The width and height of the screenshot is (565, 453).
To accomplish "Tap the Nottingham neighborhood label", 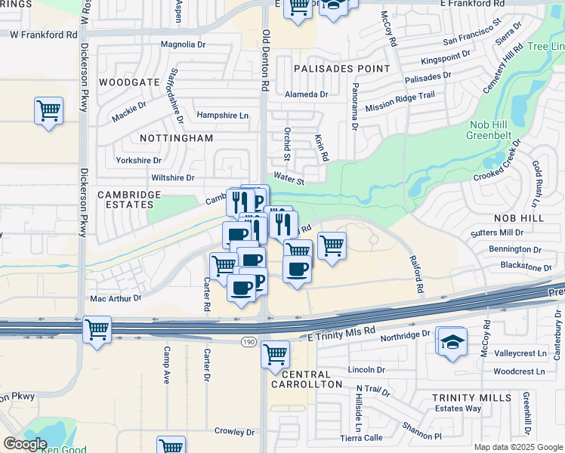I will pyautogui.click(x=177, y=138).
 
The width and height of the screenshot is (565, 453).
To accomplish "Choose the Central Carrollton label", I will pyautogui.click(x=306, y=379).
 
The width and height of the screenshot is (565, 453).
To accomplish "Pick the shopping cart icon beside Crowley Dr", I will pyautogui.click(x=171, y=445).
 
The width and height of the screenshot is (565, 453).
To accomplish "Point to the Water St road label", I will pyautogui.click(x=289, y=180).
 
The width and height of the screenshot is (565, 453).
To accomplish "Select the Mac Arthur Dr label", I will pyautogui.click(x=116, y=298).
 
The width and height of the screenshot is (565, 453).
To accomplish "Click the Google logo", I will pyautogui.click(x=25, y=444).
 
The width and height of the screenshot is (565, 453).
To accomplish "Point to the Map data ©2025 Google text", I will pyautogui.click(x=518, y=447).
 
